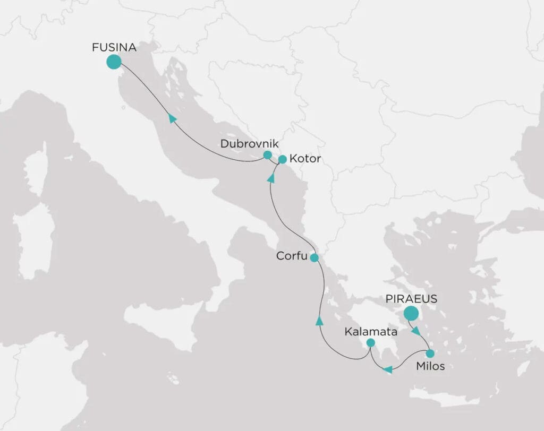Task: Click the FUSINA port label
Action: click(114, 48)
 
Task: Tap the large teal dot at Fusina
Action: click(113, 62)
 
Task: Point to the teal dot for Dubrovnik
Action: click(268, 156)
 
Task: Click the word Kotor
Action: click(305, 159)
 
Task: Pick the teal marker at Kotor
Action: click(283, 159)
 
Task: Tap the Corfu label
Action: click(292, 256)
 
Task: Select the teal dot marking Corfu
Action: click(314, 258)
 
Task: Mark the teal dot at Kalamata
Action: click(371, 343)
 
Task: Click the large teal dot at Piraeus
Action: click(411, 313)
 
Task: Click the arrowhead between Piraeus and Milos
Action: click(417, 331)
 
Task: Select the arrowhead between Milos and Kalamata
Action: click(388, 369)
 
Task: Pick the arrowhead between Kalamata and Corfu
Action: click(319, 321)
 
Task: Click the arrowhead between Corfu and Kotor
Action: click(271, 179)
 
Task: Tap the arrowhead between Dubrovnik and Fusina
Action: click(172, 118)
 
